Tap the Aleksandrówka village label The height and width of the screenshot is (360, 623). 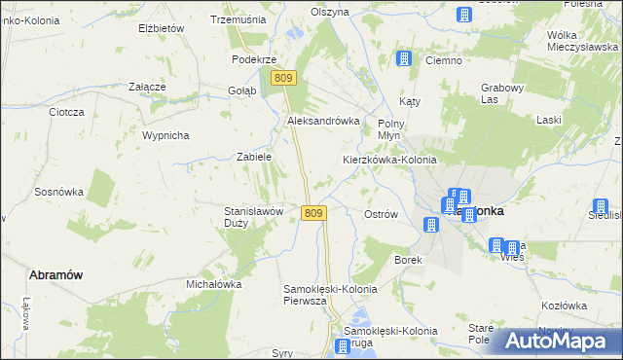(x=323, y=121)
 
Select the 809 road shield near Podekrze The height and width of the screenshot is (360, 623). (x=283, y=78)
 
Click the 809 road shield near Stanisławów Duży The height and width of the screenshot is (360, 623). (x=312, y=213)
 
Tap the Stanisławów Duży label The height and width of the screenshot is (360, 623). (x=253, y=216)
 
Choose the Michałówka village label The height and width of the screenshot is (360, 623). (x=213, y=284)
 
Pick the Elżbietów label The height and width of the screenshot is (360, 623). (x=162, y=29)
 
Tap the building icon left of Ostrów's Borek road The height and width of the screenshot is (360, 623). (x=430, y=226)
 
